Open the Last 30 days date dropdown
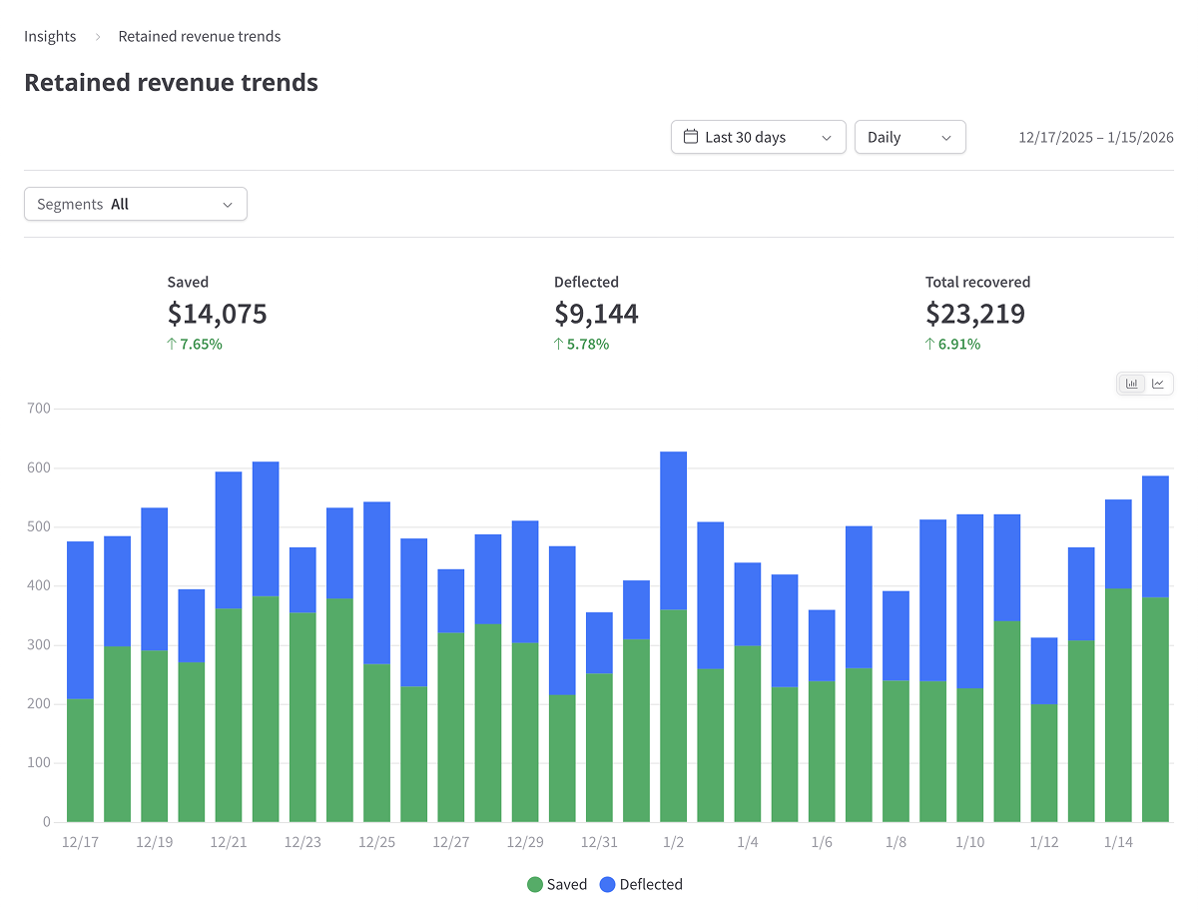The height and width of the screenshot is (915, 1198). pos(758,138)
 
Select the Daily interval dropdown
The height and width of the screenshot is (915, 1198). pos(909,138)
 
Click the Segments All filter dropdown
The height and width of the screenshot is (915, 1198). pos(136,204)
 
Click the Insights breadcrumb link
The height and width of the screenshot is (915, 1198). pos(50,36)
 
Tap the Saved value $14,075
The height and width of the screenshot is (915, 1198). pos(217,314)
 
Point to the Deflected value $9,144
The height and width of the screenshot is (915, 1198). pos(596,314)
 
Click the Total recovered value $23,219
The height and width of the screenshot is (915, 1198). pos(974,314)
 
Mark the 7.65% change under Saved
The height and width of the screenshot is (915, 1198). pos(195,344)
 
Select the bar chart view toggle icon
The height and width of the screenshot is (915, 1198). pos(1132,384)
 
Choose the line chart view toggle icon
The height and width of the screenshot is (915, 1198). pos(1158,384)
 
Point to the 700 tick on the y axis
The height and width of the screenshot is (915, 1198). pos(39,409)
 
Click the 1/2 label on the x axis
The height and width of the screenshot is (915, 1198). pos(673,842)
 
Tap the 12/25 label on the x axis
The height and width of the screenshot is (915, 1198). pos(376,842)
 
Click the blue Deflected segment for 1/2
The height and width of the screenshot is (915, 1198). pos(673,530)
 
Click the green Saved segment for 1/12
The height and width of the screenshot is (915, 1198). pos(1044,763)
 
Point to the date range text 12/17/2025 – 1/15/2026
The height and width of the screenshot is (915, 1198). pos(1095,138)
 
